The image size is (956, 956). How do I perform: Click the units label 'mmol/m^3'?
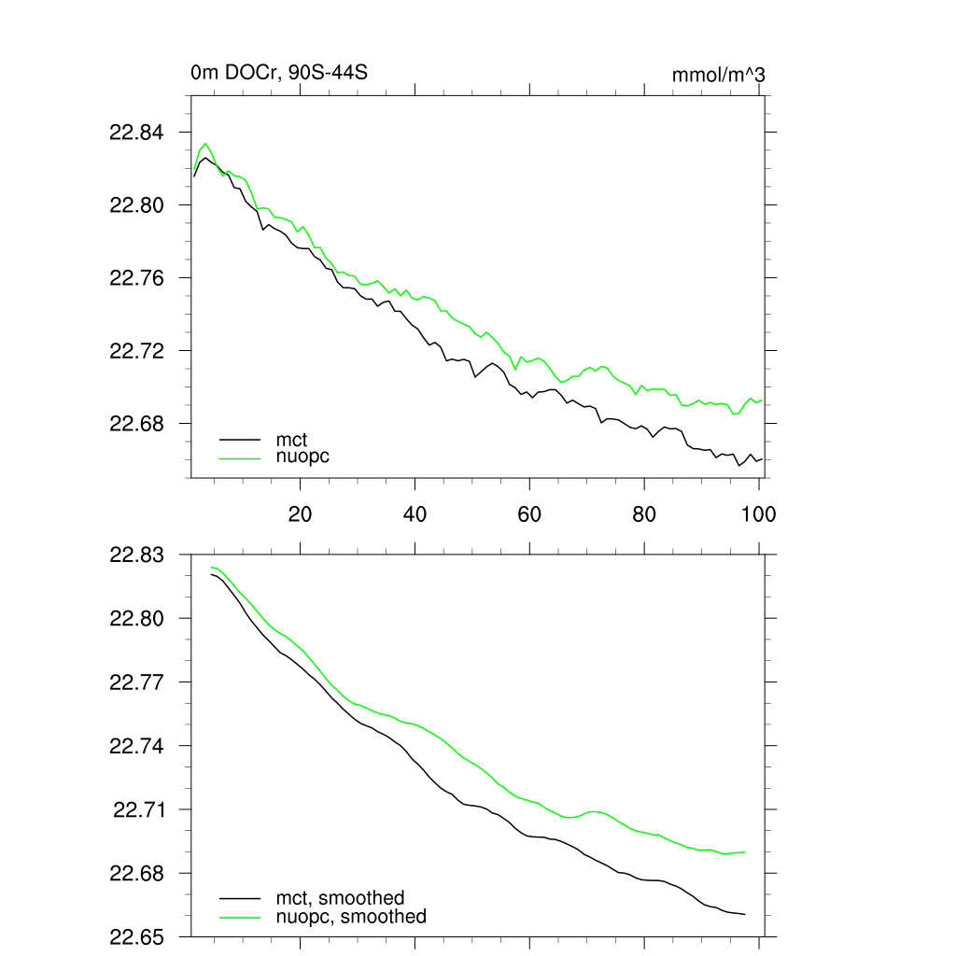718,74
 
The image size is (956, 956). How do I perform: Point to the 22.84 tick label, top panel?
136,133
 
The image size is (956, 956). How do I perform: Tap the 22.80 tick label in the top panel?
136,205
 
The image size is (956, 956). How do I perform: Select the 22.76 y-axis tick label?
136,278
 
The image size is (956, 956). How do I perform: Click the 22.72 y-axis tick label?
136,351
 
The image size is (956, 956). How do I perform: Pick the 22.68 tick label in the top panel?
136,424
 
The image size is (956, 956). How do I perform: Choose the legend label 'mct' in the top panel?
291,439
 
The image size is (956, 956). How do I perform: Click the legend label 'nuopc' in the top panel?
302,457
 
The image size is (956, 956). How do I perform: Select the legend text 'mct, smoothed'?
340,898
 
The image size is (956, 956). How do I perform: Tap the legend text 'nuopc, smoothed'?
350,917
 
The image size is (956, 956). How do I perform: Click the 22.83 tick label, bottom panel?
136,555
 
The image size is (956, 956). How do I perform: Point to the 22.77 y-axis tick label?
136,682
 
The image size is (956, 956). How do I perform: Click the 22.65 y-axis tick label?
136,936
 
